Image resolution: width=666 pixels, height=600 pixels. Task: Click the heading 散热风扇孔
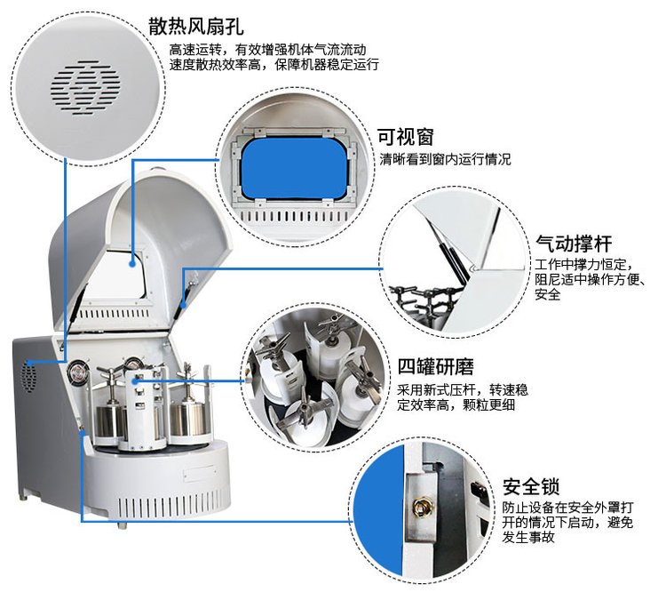tap(196, 27)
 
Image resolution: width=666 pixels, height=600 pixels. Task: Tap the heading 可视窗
tap(406, 137)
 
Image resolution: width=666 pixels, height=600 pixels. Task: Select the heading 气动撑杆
tap(574, 244)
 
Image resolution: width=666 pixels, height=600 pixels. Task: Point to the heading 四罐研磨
tap(435, 366)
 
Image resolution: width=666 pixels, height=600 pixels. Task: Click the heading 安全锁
tap(531, 487)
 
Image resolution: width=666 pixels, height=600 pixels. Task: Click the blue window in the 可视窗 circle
tap(294, 167)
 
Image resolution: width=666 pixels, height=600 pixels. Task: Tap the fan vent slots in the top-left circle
tap(85, 88)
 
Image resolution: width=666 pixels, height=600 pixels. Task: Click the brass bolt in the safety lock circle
tap(421, 507)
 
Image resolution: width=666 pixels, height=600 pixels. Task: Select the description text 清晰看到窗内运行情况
tap(445, 159)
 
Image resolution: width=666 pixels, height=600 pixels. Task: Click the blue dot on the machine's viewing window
tap(132, 264)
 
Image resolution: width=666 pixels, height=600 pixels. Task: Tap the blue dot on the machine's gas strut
tap(183, 305)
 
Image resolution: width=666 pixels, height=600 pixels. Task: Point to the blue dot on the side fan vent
tap(30, 363)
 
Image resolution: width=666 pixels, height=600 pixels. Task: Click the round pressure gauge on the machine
tap(78, 372)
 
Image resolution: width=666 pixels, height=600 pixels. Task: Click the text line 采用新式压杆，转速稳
tap(463, 389)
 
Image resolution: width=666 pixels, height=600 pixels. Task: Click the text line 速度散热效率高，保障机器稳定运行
tap(274, 65)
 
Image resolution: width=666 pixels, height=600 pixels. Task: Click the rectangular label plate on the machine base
tap(199, 474)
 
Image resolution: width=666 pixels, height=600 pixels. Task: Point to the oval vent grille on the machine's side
tap(29, 376)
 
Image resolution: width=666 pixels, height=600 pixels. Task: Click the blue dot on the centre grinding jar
tap(138, 380)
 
